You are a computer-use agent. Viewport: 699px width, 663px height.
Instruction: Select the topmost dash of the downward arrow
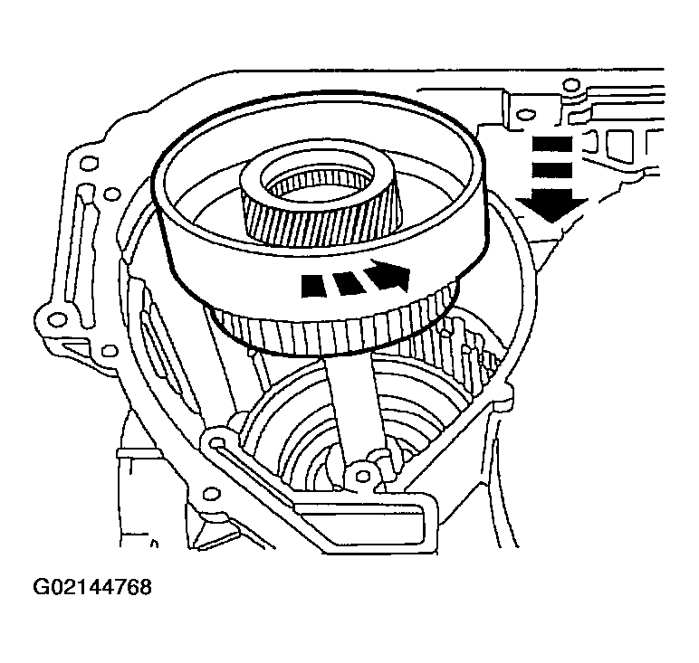tap(551, 142)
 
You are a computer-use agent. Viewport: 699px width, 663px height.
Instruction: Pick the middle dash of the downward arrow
tap(551, 169)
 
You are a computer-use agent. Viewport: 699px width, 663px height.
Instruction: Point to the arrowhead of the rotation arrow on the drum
tap(391, 274)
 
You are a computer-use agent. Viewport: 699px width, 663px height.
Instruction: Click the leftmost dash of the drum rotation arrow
tap(312, 284)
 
